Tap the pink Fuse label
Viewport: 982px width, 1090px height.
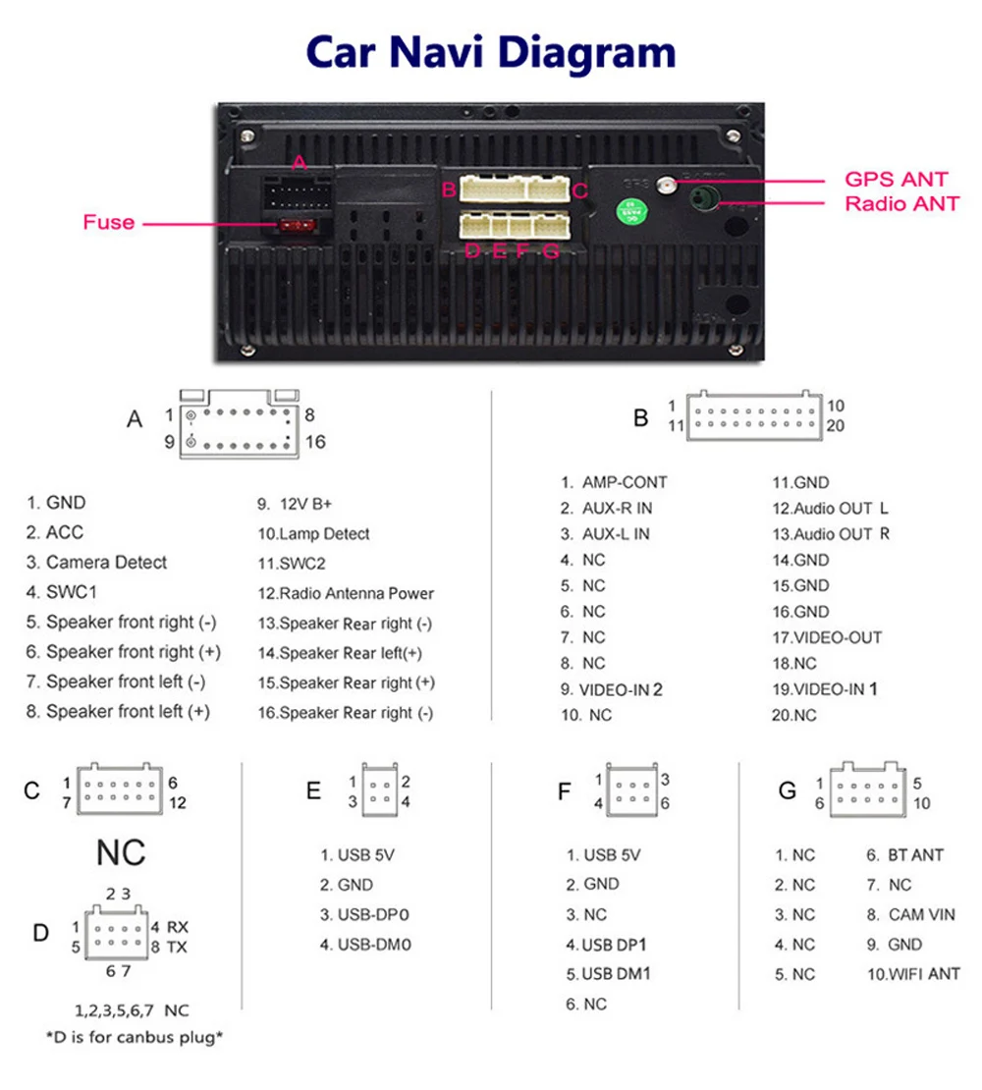108,222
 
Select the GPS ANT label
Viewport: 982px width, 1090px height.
896,180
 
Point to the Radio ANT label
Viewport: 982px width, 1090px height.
901,204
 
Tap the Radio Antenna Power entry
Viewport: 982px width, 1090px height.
346,593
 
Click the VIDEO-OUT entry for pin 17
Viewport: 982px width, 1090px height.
827,637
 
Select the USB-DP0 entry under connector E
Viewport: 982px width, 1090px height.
364,915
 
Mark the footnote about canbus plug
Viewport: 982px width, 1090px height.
135,1037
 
